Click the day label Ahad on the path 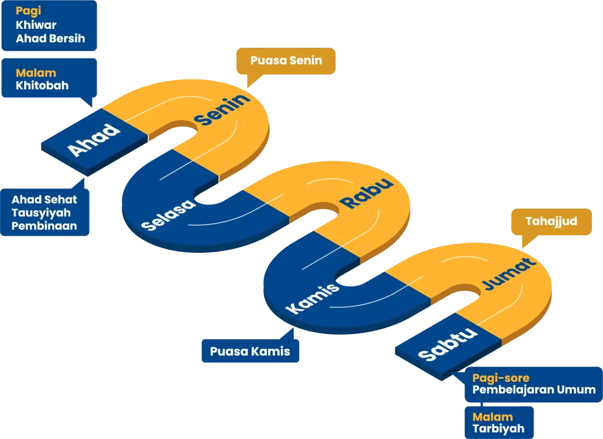click(x=94, y=140)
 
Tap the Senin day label click(x=222, y=110)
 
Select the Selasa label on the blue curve click(x=168, y=215)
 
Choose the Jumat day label click(x=509, y=274)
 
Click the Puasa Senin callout click(x=286, y=61)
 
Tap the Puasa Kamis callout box click(x=250, y=352)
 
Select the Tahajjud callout click(x=551, y=222)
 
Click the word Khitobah click(x=42, y=85)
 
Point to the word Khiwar click(x=36, y=25)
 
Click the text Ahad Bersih click(x=51, y=38)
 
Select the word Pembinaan click(x=44, y=226)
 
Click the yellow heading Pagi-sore click(x=501, y=378)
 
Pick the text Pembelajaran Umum click(x=534, y=390)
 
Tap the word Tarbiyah click(x=498, y=429)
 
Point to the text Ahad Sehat click(x=44, y=200)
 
